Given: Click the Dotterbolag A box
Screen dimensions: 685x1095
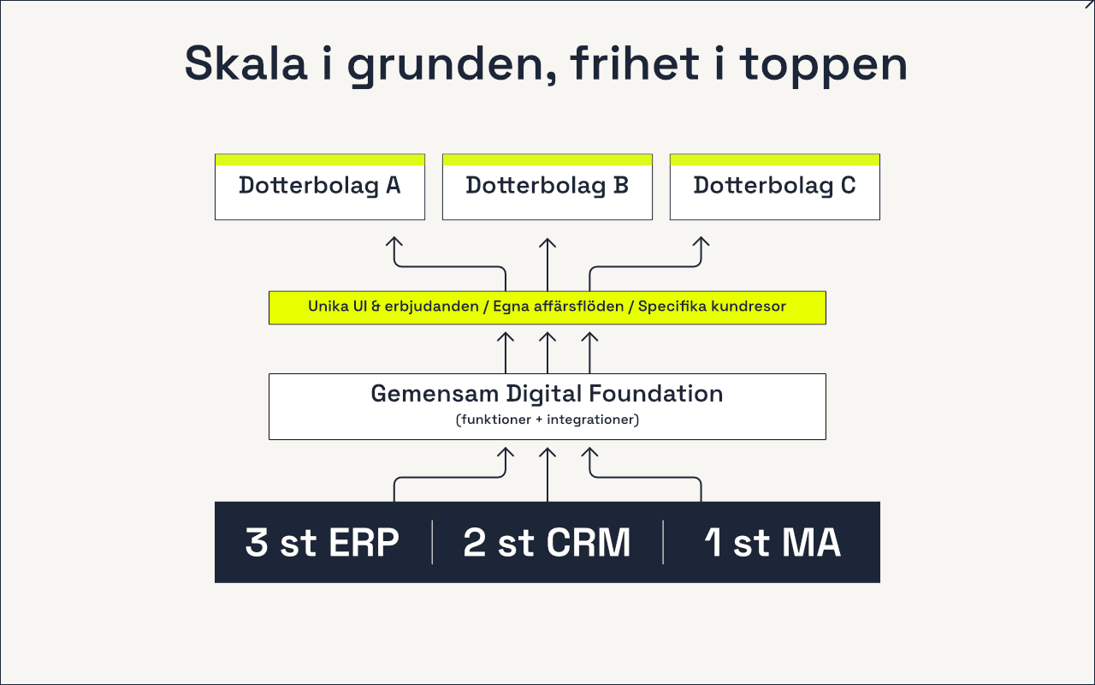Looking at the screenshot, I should tap(320, 187).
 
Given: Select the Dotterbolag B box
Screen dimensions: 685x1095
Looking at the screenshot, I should tap(547, 187).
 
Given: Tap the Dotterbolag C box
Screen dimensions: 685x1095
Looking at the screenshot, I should tap(774, 187).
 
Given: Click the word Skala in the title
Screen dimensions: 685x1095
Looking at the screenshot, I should tap(246, 63).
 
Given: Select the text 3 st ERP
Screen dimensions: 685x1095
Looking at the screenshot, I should tap(323, 543).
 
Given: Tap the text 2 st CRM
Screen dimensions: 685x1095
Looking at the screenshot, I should tap(547, 543).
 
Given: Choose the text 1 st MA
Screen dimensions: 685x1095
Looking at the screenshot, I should tap(772, 543).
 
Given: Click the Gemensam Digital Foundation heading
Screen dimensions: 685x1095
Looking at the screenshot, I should tap(547, 394).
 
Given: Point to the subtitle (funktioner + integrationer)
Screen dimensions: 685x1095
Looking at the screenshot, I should tap(547, 420).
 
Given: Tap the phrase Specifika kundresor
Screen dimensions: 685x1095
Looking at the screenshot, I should tap(712, 307).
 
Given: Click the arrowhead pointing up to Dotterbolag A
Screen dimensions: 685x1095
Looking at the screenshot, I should tap(394, 242).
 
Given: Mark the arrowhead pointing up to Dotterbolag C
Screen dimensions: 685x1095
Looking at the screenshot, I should tap(701, 242).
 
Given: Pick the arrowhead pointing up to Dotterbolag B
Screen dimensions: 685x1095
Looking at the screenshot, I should tap(547, 242).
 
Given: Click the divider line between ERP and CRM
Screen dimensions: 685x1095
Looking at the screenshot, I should tap(432, 542).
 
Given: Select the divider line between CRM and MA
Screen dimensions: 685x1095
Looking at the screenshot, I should tap(663, 542).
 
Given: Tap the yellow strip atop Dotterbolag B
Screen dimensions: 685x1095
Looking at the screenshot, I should tap(547, 159).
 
